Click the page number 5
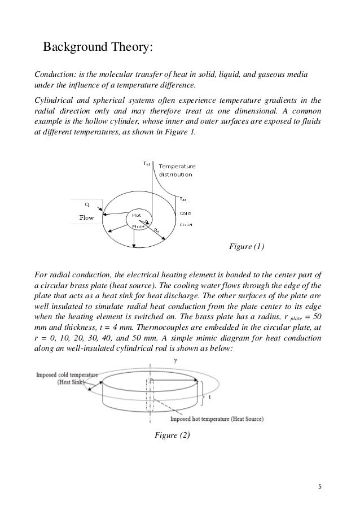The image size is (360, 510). pyautogui.click(x=319, y=485)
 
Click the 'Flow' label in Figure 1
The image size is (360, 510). pyautogui.click(x=86, y=216)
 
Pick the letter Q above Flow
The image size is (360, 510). pyautogui.click(x=87, y=204)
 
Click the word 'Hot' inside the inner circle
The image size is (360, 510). pyautogui.click(x=137, y=215)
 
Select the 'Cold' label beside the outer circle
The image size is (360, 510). pyautogui.click(x=185, y=213)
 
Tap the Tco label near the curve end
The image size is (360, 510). pyautogui.click(x=183, y=199)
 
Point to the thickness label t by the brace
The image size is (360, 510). pyautogui.click(x=210, y=396)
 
